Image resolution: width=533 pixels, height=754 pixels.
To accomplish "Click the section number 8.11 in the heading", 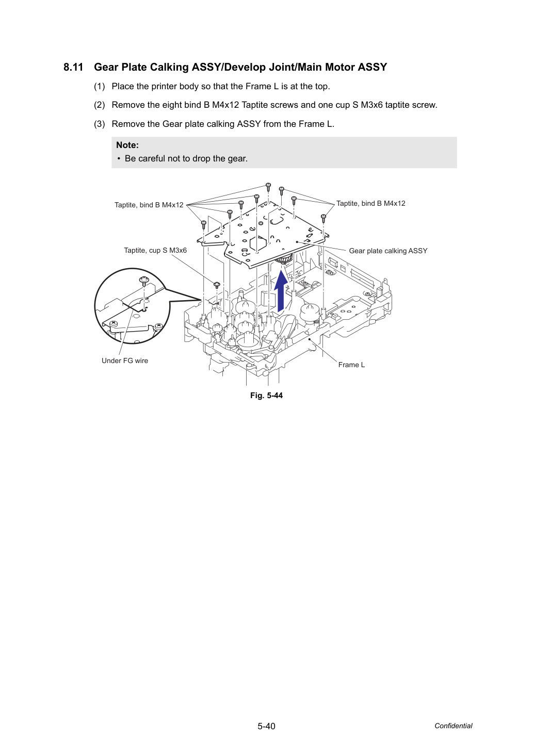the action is tap(73, 68).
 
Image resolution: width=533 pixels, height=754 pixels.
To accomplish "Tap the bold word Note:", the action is tap(127, 145).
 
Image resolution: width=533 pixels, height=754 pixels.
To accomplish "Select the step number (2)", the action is tap(100, 105).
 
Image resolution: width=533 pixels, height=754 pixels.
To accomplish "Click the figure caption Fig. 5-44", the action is tap(266, 396).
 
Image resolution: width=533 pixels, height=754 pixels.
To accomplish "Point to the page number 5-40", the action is tap(266, 726).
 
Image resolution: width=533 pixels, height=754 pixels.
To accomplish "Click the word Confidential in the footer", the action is tap(453, 726).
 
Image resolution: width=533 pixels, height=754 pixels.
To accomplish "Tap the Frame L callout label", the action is tap(351, 365).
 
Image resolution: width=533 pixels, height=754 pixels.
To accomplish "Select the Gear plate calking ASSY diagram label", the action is tap(388, 251).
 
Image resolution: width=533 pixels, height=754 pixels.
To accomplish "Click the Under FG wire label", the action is tap(125, 361).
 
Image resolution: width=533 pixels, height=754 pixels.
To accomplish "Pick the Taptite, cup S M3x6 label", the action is tap(155, 251).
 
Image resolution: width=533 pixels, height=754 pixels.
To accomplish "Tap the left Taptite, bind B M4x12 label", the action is tap(149, 205).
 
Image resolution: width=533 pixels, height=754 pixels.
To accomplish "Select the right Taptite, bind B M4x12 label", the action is tap(370, 203).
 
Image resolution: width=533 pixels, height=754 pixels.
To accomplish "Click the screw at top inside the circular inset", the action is tap(144, 280).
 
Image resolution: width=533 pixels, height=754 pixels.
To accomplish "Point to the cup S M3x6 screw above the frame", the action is tap(217, 285).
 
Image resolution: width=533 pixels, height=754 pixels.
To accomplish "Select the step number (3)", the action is tap(100, 124).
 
